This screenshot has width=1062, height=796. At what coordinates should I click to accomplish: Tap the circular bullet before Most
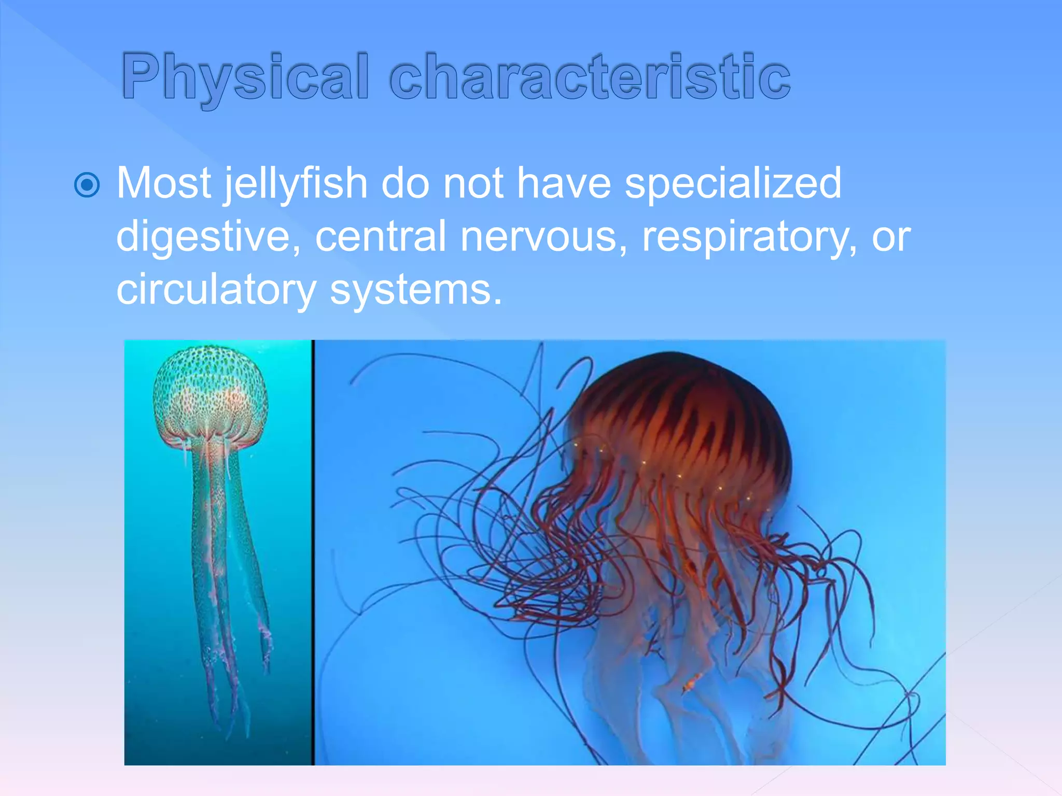click(87, 185)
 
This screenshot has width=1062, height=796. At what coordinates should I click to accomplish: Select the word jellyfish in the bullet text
click(296, 184)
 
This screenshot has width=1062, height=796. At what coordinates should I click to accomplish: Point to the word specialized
click(733, 184)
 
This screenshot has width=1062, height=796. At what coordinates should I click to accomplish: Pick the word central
click(381, 236)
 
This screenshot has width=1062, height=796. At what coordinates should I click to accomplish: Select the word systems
click(416, 290)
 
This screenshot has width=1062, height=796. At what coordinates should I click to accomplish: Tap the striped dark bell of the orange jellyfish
click(690, 415)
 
